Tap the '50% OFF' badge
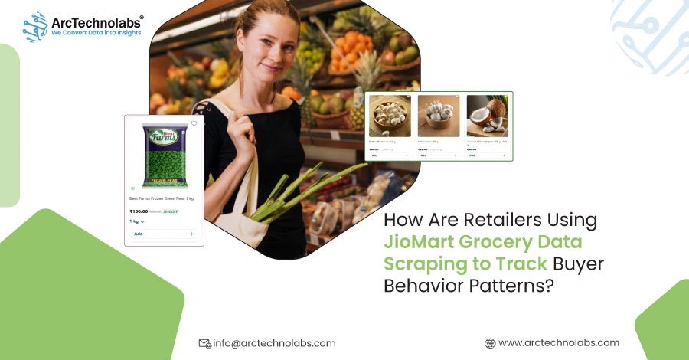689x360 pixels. pyautogui.click(x=170, y=211)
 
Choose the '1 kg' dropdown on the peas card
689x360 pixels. pyautogui.click(x=137, y=221)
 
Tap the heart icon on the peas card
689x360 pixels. pyautogui.click(x=194, y=123)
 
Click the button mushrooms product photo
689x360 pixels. pyautogui.click(x=390, y=116)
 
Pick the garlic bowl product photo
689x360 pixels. pyautogui.click(x=439, y=116)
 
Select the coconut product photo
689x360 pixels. pyautogui.click(x=487, y=116)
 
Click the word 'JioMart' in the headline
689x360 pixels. pyautogui.click(x=420, y=243)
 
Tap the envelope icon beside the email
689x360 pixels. pyautogui.click(x=204, y=343)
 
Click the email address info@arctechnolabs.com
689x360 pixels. pyautogui.click(x=273, y=343)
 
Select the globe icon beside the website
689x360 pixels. pyautogui.click(x=490, y=343)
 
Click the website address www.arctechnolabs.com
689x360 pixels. pyautogui.click(x=559, y=343)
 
